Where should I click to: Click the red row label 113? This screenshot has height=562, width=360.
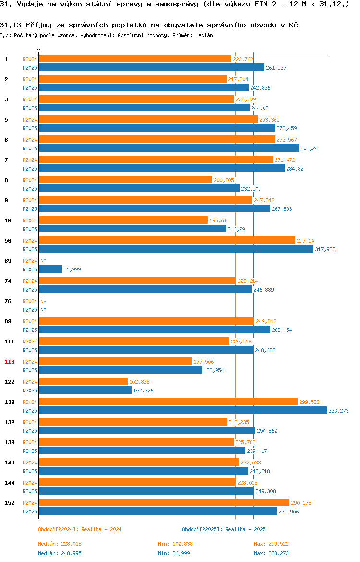(x=9, y=362)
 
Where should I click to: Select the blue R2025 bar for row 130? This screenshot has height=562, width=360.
(x=183, y=411)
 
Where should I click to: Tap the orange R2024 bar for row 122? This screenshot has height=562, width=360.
(x=83, y=382)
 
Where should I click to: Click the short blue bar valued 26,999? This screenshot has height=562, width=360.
(x=50, y=269)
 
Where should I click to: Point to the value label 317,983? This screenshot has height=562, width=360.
(x=325, y=249)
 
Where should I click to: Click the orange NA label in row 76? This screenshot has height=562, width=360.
(x=43, y=302)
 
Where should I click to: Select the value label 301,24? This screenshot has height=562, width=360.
(x=309, y=148)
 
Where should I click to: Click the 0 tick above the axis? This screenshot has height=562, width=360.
(x=39, y=50)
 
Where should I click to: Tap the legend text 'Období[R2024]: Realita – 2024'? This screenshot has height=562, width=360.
(x=80, y=529)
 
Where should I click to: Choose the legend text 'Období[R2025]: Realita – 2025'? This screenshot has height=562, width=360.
(x=224, y=529)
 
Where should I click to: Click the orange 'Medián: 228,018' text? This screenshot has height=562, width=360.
(x=60, y=544)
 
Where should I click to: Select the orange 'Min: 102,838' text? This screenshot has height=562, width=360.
(x=175, y=544)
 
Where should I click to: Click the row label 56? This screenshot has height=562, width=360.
(x=8, y=241)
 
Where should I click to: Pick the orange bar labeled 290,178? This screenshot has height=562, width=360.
(x=164, y=503)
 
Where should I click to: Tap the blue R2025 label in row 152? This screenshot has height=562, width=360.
(x=30, y=512)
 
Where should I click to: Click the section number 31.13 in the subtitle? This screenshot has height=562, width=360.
(x=11, y=25)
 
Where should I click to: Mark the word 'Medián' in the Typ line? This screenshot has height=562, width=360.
(x=204, y=35)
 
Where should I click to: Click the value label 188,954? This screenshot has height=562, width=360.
(x=214, y=371)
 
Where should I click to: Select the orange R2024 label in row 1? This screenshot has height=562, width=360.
(x=30, y=59)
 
